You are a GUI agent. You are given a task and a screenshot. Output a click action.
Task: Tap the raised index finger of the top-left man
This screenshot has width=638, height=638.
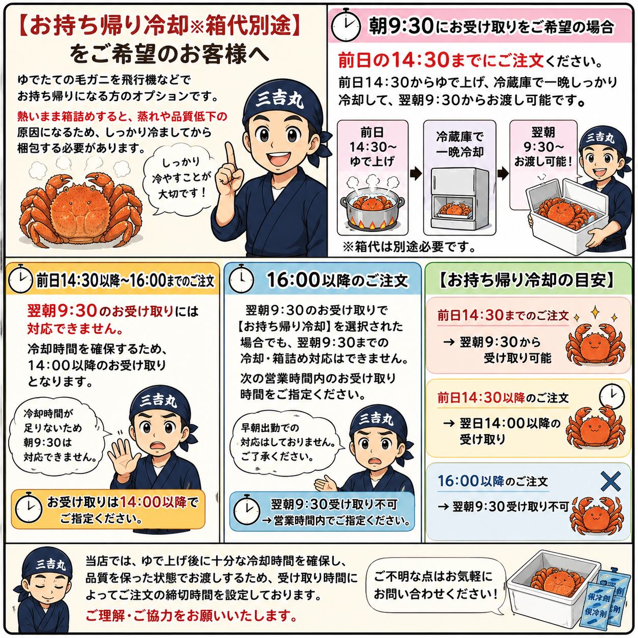229,156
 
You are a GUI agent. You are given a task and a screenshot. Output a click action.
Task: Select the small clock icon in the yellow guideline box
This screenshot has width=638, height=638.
612,396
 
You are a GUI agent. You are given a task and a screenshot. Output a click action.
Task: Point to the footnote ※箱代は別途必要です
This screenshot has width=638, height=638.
409,246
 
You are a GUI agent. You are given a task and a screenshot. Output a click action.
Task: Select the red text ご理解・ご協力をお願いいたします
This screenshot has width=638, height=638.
191,615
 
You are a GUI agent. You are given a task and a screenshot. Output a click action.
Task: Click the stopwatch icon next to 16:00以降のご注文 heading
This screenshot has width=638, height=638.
241,280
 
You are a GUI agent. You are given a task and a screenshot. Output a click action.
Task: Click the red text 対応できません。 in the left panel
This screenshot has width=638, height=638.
75,329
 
